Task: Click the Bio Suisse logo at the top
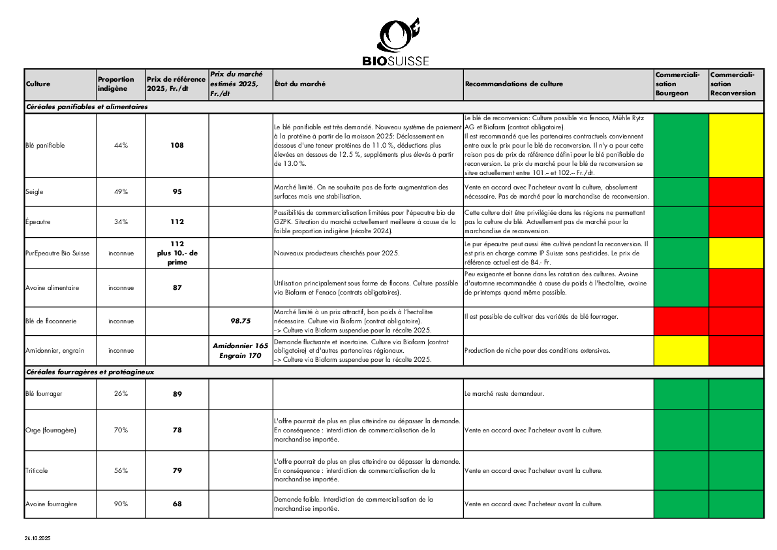(x=395, y=42)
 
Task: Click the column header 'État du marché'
(x=299, y=84)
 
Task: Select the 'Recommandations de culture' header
(x=514, y=84)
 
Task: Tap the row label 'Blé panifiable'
(x=46, y=145)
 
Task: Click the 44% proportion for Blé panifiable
(x=121, y=145)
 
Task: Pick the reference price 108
(x=177, y=145)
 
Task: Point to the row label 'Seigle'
(x=34, y=192)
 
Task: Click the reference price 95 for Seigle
(x=177, y=192)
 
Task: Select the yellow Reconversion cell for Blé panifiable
(x=736, y=145)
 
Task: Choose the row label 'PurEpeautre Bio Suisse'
(x=57, y=253)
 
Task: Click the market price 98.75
(x=241, y=321)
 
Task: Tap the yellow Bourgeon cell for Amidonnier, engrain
(x=680, y=350)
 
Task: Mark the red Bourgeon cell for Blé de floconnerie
(x=680, y=321)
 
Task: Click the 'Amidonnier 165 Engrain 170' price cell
(x=241, y=351)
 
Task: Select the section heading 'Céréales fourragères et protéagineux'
(x=90, y=372)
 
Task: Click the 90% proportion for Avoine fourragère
(x=121, y=504)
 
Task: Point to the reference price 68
(x=177, y=504)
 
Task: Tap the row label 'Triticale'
(x=37, y=470)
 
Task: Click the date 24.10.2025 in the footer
(x=38, y=539)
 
